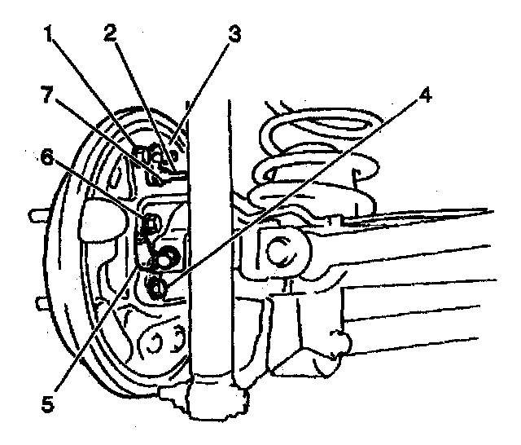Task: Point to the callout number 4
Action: tap(422, 93)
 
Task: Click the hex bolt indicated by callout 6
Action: tap(151, 222)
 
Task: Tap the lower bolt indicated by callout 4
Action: tap(157, 286)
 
